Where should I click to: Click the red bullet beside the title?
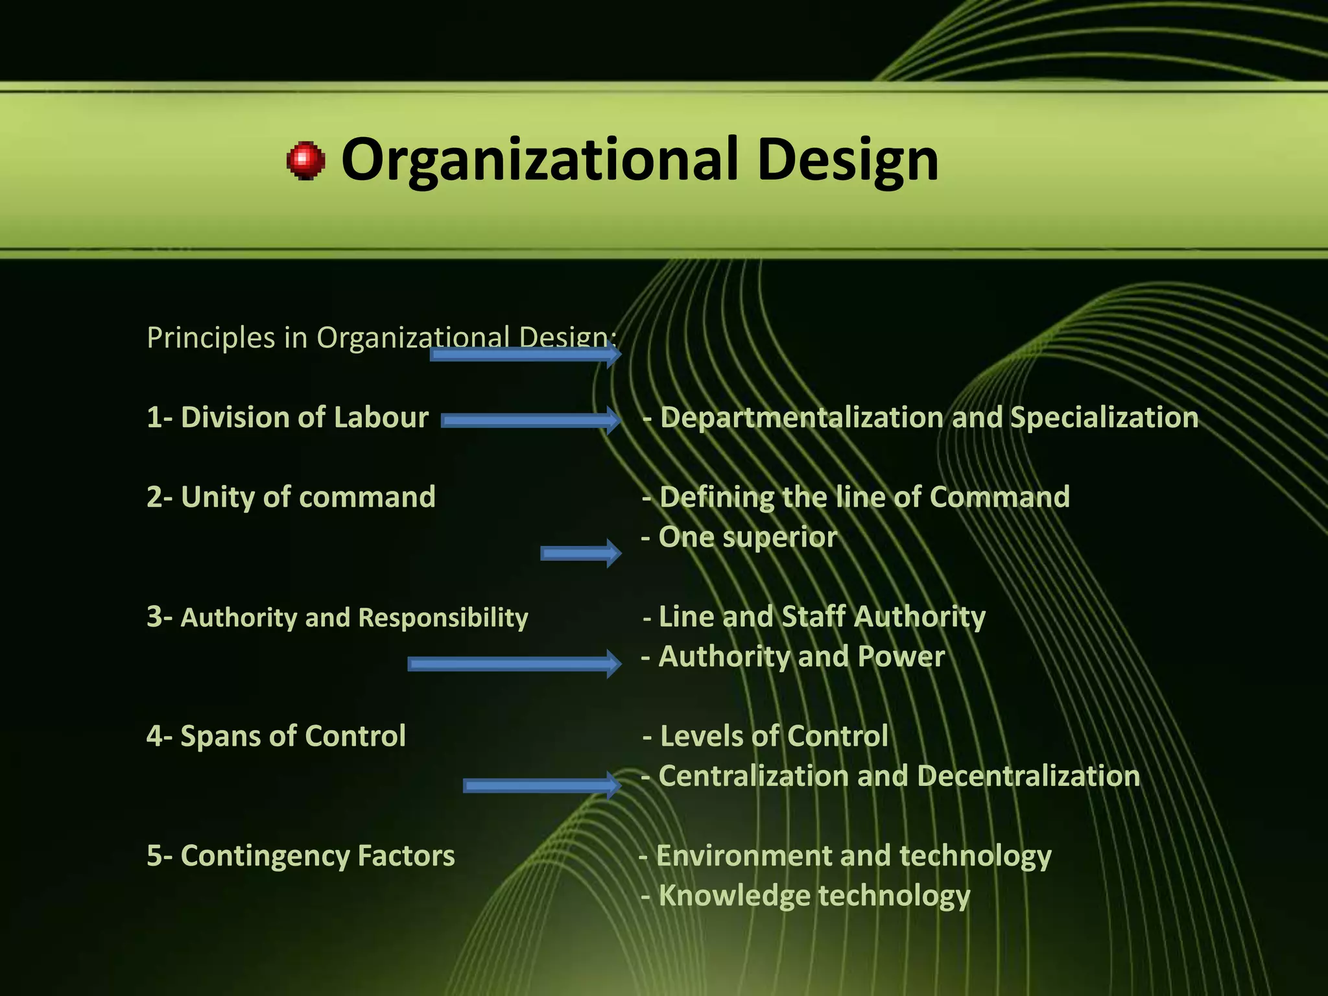point(305,160)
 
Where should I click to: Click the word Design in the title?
point(848,160)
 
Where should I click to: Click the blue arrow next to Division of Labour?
point(530,421)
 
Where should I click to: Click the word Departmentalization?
point(801,418)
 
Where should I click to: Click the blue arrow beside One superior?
point(580,553)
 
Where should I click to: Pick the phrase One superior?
point(748,538)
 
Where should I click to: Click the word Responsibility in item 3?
point(443,618)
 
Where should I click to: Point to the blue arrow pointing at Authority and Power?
point(514,663)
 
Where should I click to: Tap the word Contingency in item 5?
point(265,856)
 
